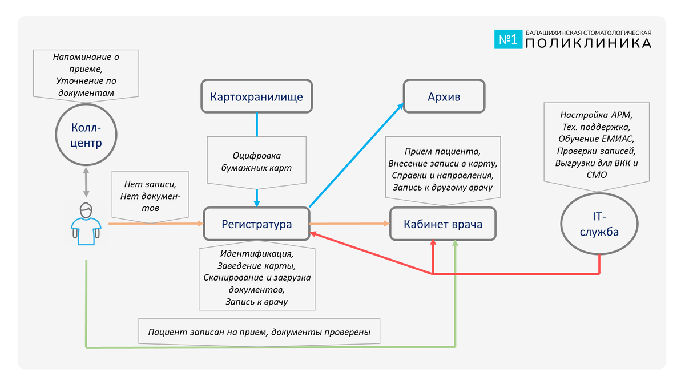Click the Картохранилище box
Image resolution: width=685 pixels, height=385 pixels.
coord(256,96)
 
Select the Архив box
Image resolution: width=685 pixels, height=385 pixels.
coord(444,96)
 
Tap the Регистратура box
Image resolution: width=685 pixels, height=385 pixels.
coord(256,224)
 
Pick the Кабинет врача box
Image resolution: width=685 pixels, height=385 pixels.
coord(443,224)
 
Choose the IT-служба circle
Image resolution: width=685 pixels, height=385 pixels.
coord(599,224)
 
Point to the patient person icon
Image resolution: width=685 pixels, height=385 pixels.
coord(86,224)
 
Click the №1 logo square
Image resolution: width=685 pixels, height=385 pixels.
coord(507,39)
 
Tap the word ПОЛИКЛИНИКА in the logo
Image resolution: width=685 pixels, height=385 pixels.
coord(588,43)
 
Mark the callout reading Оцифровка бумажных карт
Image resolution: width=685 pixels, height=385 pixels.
coord(256,161)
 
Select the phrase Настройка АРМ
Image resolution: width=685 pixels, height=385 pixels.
coord(596,114)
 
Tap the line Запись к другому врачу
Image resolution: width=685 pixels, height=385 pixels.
coord(442,187)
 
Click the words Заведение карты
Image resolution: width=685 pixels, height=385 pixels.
coord(256,266)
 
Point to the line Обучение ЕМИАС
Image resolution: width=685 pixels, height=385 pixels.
coord(596,139)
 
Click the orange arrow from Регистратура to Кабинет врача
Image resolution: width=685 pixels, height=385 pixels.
coord(349,224)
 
